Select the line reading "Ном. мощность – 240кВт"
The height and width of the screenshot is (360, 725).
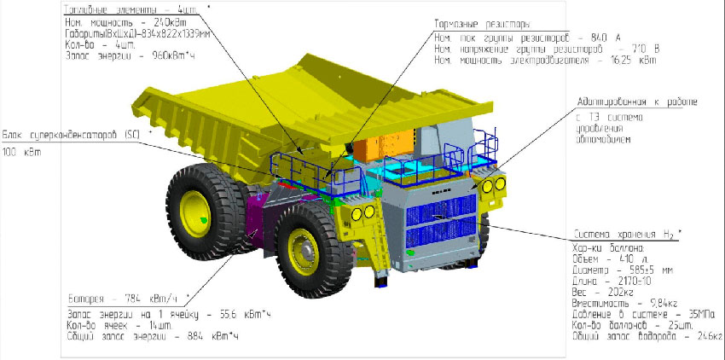(x=110, y=21)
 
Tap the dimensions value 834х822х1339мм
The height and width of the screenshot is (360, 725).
(x=165, y=33)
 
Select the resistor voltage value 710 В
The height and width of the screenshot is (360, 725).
(x=624, y=49)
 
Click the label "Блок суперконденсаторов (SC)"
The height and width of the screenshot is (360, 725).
(x=70, y=134)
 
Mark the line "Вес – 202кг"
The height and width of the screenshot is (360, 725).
(x=595, y=289)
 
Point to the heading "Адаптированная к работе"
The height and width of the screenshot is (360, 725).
(x=637, y=102)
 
